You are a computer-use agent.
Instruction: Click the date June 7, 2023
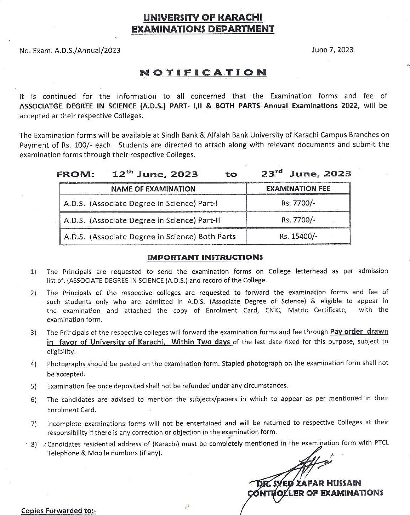[332, 50]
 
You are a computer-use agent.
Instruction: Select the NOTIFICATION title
[203, 73]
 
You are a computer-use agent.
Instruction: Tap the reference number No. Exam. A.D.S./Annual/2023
[70, 50]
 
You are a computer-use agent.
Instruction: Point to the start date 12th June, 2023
[155, 174]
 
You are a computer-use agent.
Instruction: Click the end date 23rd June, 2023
[306, 174]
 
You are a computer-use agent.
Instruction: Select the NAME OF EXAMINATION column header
[153, 189]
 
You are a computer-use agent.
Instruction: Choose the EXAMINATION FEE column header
[298, 188]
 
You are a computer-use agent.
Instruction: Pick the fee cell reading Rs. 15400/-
[298, 236]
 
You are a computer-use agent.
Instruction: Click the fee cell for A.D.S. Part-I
[298, 203]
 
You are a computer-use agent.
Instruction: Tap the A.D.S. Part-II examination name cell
[142, 220]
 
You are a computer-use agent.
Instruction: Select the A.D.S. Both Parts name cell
[150, 236]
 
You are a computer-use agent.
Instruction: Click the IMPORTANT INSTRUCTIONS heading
[205, 257]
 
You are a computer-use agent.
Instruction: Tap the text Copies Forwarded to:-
[58, 510]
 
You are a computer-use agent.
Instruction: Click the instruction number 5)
[34, 386]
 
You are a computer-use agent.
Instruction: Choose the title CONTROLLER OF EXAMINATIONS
[315, 493]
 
